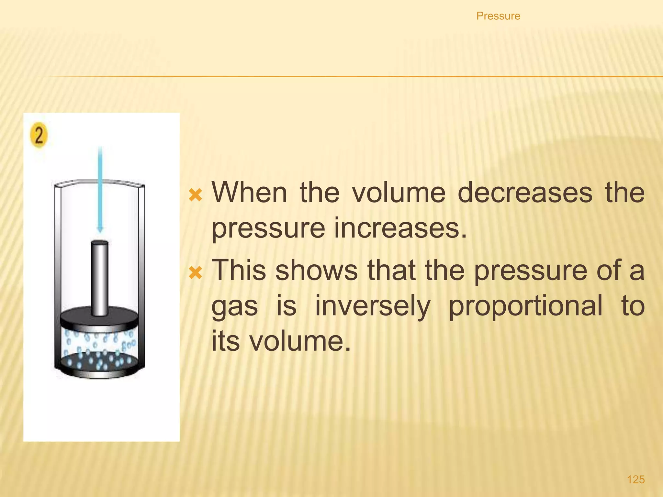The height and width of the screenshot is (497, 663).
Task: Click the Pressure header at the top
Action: [x=498, y=16]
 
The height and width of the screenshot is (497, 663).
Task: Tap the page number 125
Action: [x=636, y=479]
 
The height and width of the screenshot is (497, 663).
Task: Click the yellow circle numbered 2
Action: [x=39, y=136]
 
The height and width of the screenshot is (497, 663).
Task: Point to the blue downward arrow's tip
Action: [x=100, y=230]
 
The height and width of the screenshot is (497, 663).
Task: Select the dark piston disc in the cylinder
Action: [x=99, y=319]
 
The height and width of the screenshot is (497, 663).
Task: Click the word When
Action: [x=249, y=193]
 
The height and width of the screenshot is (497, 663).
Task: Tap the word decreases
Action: [x=525, y=193]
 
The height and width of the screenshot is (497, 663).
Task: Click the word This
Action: [x=238, y=270]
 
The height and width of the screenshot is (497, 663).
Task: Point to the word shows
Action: [x=316, y=270]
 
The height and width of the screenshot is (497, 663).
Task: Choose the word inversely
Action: [x=373, y=306]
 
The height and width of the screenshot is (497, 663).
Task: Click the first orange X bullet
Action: [x=196, y=195]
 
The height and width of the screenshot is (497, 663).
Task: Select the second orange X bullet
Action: [x=196, y=272]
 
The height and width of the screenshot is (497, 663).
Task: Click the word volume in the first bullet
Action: [x=399, y=193]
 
